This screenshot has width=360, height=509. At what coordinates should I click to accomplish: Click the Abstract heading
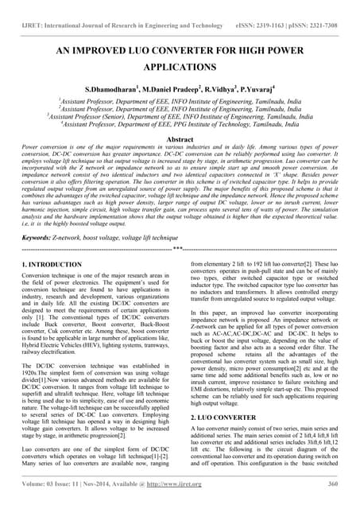(x=180, y=138)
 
